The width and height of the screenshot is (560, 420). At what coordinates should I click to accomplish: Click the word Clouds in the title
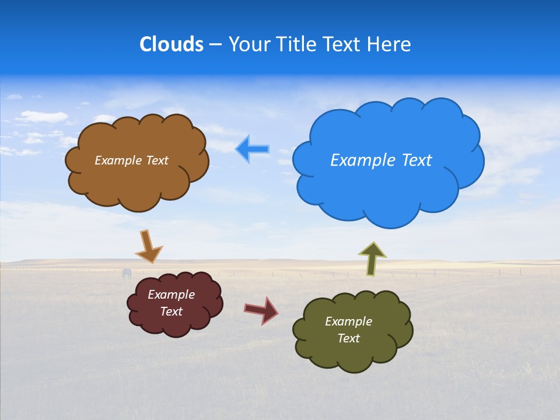click(x=171, y=44)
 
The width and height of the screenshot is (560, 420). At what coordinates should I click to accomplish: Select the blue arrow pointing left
click(x=252, y=149)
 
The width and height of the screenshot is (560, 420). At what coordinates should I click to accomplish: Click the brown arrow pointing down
click(x=148, y=246)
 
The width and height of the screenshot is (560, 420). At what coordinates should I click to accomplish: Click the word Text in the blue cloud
click(x=415, y=160)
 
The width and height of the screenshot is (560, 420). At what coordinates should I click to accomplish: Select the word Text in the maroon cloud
click(x=171, y=311)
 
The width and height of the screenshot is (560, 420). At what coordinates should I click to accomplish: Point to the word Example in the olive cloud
click(x=348, y=321)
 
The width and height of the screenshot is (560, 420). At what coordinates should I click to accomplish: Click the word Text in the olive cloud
click(x=348, y=338)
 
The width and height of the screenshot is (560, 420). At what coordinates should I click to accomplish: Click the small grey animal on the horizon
click(x=127, y=273)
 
